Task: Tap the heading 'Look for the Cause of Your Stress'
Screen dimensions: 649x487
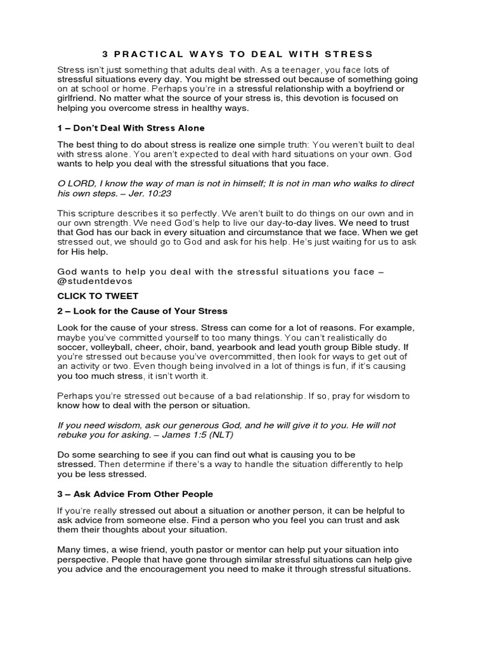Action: [x=143, y=311]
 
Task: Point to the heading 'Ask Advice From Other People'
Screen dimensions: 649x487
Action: [x=135, y=494]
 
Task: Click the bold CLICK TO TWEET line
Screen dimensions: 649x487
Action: [x=98, y=295]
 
